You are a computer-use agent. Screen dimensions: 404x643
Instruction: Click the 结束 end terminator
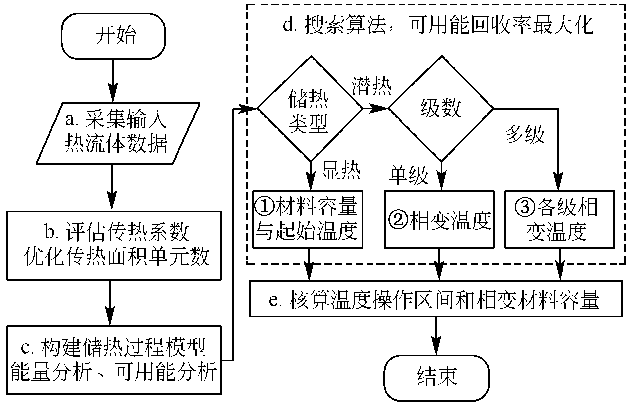pos(436,378)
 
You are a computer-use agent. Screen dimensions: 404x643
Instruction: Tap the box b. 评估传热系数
pos(114,245)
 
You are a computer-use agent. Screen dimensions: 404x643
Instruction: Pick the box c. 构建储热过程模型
pos(114,360)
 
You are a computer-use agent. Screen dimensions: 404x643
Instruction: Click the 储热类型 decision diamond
pos(309,109)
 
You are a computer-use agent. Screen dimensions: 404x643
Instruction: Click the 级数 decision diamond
pos(441,109)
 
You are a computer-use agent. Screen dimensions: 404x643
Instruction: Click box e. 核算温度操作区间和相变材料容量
pos(436,299)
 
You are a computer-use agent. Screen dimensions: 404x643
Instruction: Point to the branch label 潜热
pos(372,87)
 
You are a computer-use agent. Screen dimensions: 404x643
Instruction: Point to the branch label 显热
pos(340,172)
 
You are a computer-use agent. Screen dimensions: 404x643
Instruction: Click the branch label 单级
pos(408,175)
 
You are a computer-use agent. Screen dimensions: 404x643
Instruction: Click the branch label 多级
pos(525,135)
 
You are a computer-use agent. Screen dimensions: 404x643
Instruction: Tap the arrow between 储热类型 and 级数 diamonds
pos(375,108)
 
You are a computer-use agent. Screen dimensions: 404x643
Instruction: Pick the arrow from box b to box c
pos(110,302)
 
